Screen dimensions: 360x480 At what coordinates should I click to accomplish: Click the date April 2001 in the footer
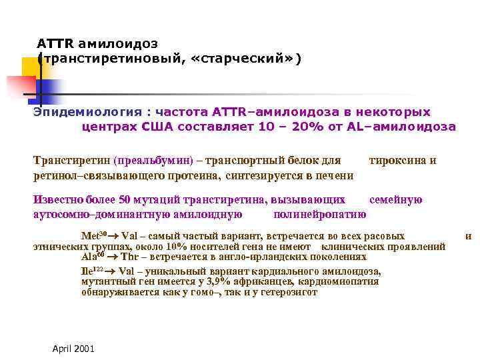(x=73, y=349)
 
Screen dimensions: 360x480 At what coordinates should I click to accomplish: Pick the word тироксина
(x=397, y=161)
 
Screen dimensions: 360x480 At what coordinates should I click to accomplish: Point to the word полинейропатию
(x=320, y=214)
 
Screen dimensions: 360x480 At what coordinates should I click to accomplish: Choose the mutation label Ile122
(x=92, y=271)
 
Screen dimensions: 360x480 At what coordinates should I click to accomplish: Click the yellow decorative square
(x=30, y=67)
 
